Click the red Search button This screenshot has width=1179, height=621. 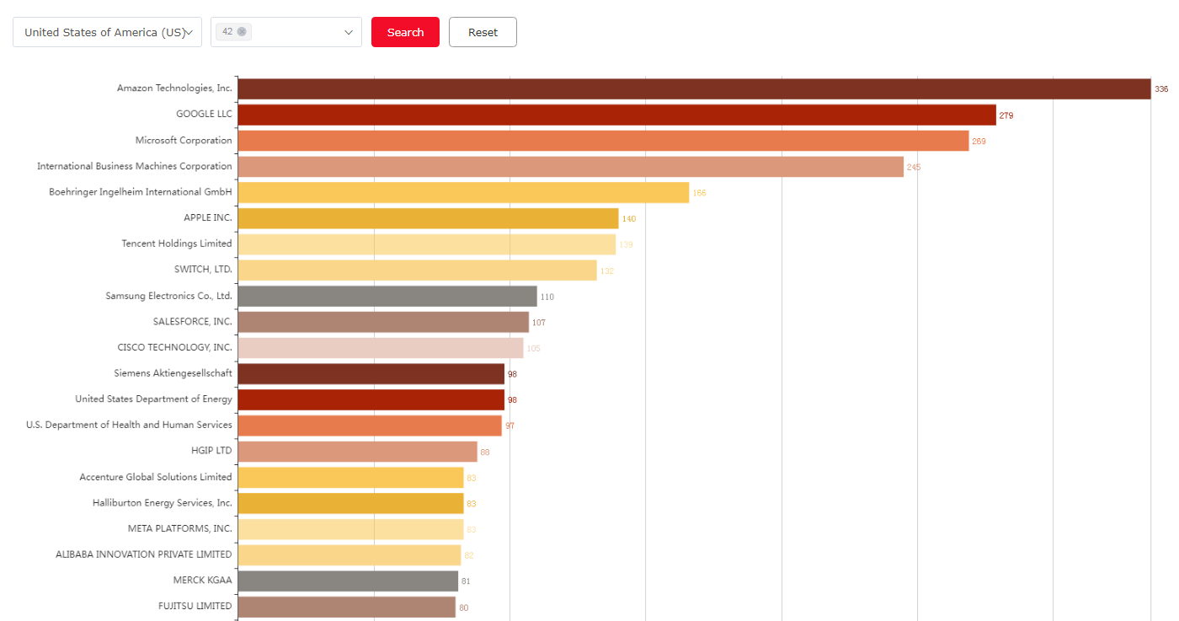(x=405, y=32)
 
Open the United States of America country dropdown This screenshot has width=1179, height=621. (x=107, y=32)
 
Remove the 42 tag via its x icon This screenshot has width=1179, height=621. (x=242, y=31)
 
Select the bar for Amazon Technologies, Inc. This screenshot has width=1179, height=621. (x=694, y=88)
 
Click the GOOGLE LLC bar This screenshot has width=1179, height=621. (x=616, y=115)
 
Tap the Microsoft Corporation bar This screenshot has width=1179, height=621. (x=603, y=141)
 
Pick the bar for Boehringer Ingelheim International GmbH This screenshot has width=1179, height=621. (x=463, y=193)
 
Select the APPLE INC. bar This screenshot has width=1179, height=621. (x=428, y=218)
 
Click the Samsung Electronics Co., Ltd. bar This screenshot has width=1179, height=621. (x=387, y=297)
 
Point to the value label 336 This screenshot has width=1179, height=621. (x=1161, y=89)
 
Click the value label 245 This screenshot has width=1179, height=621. (x=914, y=167)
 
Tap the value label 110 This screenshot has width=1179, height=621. (x=547, y=297)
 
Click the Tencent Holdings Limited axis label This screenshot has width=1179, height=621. (x=177, y=244)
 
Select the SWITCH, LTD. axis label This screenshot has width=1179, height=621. (x=203, y=270)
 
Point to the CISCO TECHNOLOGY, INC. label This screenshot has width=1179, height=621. (x=175, y=347)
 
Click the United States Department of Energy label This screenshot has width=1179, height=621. (x=153, y=399)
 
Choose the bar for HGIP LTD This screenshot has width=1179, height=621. (x=357, y=452)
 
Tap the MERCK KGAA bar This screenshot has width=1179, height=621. (x=348, y=581)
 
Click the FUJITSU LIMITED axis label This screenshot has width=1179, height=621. (x=195, y=606)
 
